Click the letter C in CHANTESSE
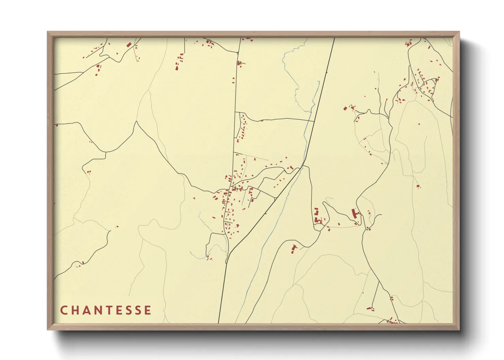pyautogui.click(x=64, y=310)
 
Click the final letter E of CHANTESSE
pyautogui.click(x=148, y=310)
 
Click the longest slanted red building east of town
pyautogui.click(x=354, y=214)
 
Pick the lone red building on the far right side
pyautogui.click(x=418, y=186)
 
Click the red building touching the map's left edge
pyautogui.click(x=57, y=125)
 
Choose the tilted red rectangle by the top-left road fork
pyautogui.click(x=129, y=45)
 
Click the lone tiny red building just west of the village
pyautogui.click(x=194, y=198)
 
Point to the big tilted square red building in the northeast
pyautogui.click(x=345, y=109)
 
